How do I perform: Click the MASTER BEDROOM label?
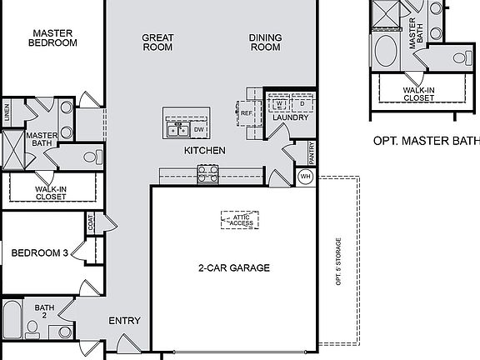click(x=52, y=39)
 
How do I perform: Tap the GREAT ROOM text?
click(x=157, y=42)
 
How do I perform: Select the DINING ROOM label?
click(x=265, y=42)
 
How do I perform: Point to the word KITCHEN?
click(x=204, y=151)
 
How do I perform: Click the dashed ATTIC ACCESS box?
click(x=240, y=220)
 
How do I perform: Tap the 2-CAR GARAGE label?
click(x=234, y=268)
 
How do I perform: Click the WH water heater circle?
click(x=305, y=177)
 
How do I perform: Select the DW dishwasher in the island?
click(x=198, y=130)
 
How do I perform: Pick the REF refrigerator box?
click(x=247, y=112)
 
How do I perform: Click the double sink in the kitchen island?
click(x=177, y=130)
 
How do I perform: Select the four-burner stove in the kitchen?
click(x=207, y=174)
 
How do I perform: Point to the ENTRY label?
click(x=124, y=321)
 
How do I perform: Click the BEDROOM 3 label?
click(x=39, y=253)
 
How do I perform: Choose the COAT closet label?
click(x=90, y=222)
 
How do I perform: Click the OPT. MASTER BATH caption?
click(x=425, y=142)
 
